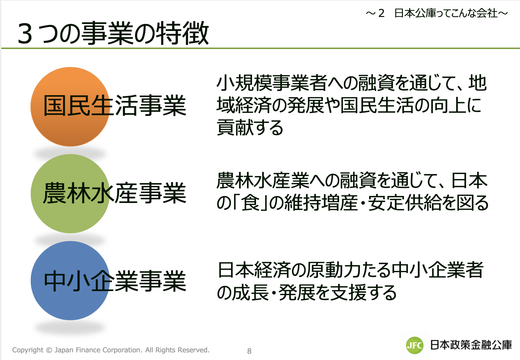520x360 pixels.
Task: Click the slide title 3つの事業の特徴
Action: click(x=113, y=33)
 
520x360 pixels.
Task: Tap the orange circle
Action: click(x=70, y=106)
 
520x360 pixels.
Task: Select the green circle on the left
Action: click(x=70, y=193)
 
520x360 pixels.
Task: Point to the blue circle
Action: click(x=70, y=280)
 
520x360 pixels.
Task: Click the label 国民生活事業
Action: click(x=115, y=106)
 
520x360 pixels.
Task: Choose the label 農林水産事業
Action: click(x=114, y=193)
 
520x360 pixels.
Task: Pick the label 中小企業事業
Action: click(x=115, y=281)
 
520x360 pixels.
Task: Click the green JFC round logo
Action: click(x=415, y=345)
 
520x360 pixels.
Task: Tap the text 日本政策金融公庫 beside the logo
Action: click(x=471, y=345)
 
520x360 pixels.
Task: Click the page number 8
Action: click(x=249, y=351)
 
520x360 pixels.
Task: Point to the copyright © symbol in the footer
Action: click(x=49, y=350)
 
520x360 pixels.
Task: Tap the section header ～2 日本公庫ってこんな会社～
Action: click(x=437, y=13)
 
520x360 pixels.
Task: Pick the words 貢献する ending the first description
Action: click(x=250, y=127)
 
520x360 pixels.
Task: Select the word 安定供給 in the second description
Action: click(x=404, y=203)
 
